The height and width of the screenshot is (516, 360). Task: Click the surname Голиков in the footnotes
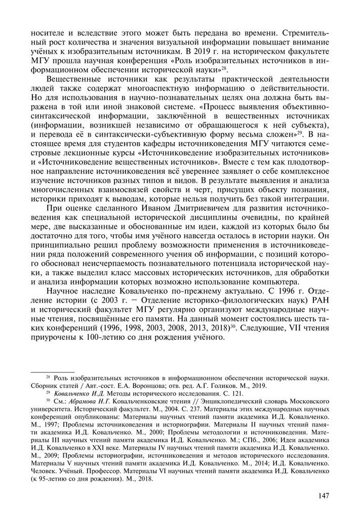pyautogui.click(x=237, y=384)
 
